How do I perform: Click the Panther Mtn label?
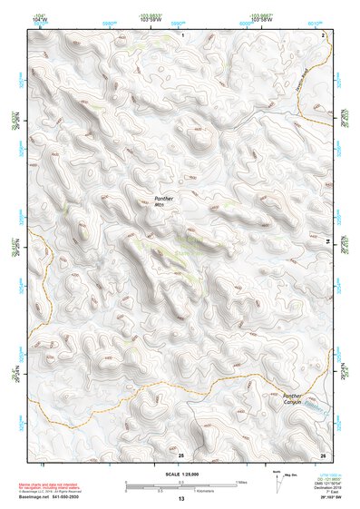pos(164,201)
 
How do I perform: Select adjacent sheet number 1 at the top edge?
pos(182,34)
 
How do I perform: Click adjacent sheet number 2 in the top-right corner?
pos(323,34)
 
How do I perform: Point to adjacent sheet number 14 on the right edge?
pos(327,240)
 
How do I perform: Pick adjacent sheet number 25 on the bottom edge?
pos(181,453)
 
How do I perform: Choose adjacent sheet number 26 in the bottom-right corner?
pos(322,453)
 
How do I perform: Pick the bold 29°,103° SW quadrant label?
pos(319,499)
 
